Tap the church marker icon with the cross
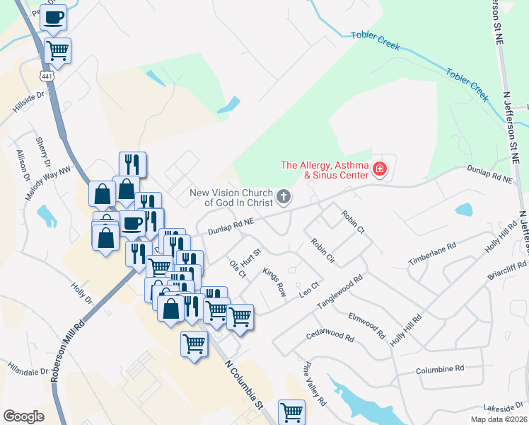click(284, 196)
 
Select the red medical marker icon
click(380, 169)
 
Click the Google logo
click(23, 416)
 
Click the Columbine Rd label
click(439, 369)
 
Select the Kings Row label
click(274, 280)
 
